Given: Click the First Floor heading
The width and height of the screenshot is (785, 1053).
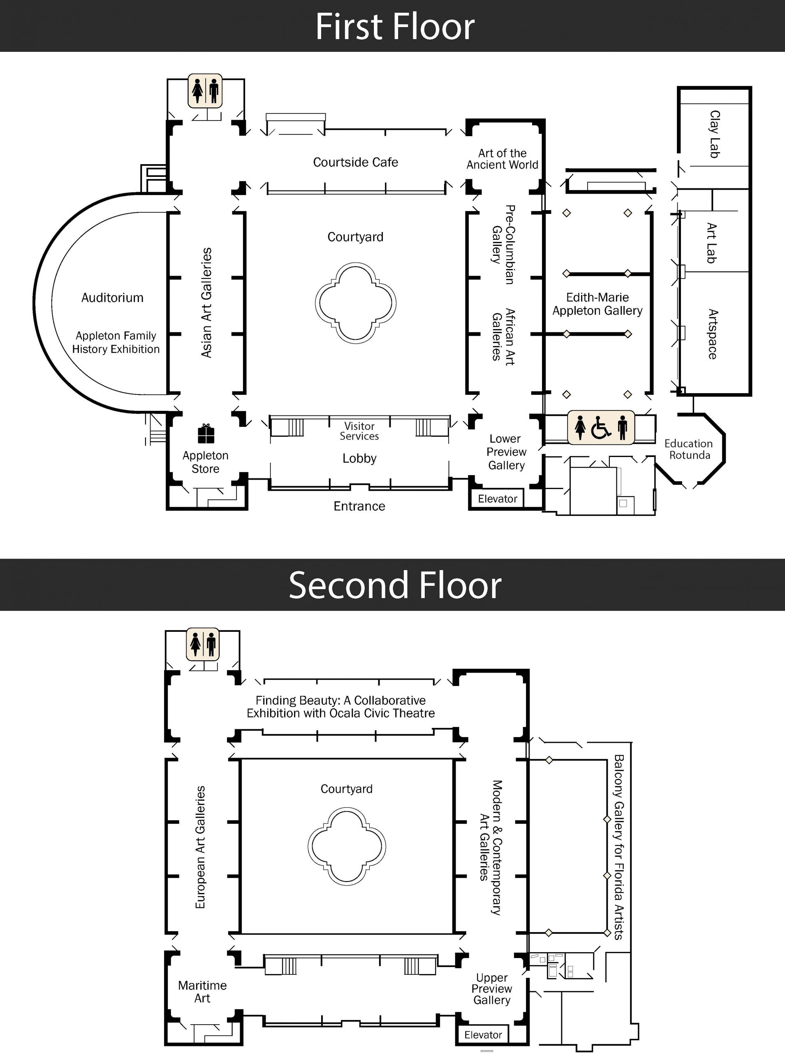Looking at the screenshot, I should point(395,27).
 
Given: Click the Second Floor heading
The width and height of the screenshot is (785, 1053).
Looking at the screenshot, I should point(395,585).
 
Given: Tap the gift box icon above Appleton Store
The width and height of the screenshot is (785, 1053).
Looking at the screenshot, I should point(206,434).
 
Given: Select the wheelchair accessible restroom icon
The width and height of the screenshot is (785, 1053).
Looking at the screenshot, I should point(601,428).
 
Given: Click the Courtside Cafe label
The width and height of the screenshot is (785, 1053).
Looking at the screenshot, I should point(355,162).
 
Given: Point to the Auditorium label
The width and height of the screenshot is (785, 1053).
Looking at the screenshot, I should point(112,298).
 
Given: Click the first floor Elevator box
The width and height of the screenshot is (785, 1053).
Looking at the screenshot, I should point(497,499).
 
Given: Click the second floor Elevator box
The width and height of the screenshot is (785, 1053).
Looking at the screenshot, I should point(483,1035).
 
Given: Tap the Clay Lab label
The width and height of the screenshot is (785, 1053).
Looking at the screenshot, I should point(714,134).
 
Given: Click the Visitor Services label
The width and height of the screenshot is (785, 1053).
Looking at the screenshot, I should point(359,431).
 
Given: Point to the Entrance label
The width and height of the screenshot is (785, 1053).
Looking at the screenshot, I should point(359,506).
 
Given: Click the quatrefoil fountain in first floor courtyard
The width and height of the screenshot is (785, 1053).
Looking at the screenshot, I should point(355,303).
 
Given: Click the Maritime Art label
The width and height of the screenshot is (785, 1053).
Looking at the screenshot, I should point(202,992).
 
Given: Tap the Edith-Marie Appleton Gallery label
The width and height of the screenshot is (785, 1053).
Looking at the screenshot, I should point(597,304).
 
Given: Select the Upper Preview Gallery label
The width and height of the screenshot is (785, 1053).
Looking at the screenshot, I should point(492,989).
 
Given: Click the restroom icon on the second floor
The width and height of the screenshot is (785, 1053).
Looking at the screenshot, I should point(203,644).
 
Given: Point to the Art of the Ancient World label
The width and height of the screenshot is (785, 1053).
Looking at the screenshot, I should point(502,159).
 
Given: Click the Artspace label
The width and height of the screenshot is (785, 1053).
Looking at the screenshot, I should point(712,334).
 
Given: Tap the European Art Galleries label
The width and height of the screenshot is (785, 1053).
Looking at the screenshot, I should point(200,847).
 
